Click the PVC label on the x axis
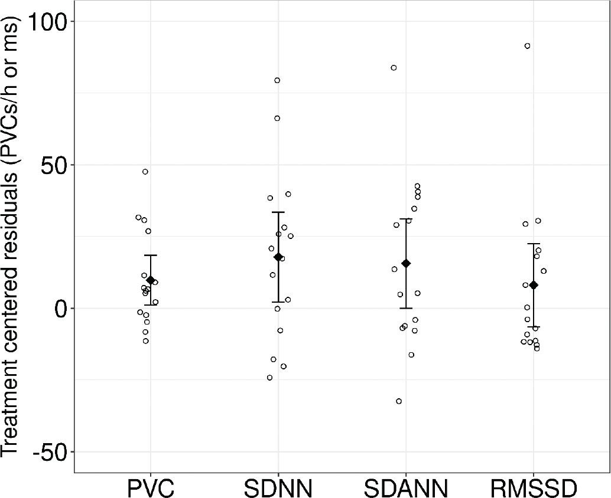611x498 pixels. coord(150,489)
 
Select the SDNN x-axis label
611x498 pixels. coord(278,489)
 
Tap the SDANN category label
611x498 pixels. coord(405,489)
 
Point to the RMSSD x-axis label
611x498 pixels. coord(534,489)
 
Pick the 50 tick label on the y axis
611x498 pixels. coord(55,165)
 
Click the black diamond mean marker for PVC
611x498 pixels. coord(150,280)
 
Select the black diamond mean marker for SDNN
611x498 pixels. coord(278,257)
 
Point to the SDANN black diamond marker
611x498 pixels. coord(406,263)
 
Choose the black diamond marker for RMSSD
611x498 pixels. coord(534,285)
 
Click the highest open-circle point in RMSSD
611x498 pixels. coord(527,46)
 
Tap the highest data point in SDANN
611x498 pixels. coord(394,68)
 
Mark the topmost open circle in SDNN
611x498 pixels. coord(277,80)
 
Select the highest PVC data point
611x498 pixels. coord(145,172)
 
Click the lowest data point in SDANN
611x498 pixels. coord(399,401)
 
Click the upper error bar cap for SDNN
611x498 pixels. coord(278,212)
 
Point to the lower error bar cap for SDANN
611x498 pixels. coord(406,308)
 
